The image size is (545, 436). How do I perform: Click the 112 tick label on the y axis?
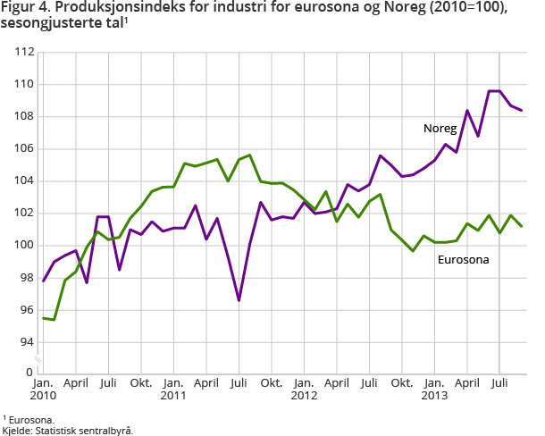tap(24, 52)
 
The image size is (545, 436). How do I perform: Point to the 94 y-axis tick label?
tap(27, 342)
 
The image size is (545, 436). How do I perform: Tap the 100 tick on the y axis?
tap(24, 246)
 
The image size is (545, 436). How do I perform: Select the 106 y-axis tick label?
tap(24, 149)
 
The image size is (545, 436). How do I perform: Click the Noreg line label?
tap(440, 129)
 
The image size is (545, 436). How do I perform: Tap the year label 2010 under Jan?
tap(43, 394)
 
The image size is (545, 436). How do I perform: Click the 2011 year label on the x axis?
tap(172, 394)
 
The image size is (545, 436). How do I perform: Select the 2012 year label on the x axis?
tap(304, 394)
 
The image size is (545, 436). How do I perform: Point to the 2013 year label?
tap(434, 394)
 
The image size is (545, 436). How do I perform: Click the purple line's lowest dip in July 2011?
tap(239, 300)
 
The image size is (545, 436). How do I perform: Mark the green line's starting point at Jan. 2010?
tap(43, 318)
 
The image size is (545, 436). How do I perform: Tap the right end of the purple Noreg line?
tap(522, 110)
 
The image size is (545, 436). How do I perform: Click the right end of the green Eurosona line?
tap(522, 226)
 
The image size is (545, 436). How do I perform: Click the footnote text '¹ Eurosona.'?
tap(29, 419)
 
